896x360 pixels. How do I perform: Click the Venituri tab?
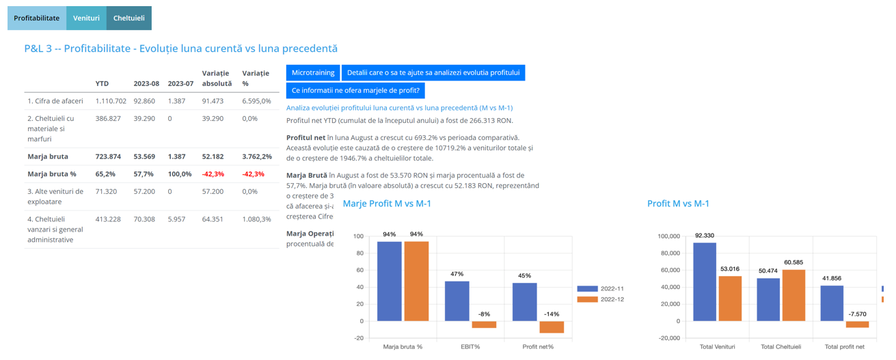[86, 18]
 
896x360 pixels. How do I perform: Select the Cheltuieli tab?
[128, 18]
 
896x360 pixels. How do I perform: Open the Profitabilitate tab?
[37, 18]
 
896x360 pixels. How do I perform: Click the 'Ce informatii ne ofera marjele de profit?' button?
[355, 90]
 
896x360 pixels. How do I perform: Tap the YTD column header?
[102, 83]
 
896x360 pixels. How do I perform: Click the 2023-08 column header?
[146, 83]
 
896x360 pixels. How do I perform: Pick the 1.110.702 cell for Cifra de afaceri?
[111, 101]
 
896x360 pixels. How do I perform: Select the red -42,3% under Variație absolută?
[213, 174]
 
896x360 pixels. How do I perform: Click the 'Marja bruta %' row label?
[52, 174]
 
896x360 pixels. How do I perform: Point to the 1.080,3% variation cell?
[256, 219]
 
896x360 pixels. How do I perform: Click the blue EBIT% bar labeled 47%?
[457, 301]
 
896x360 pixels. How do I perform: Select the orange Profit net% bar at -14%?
[552, 327]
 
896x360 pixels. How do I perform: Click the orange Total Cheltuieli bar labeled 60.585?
[794, 295]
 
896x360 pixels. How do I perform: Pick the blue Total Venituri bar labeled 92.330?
[705, 281]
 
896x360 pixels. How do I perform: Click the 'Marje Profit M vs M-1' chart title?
[387, 204]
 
